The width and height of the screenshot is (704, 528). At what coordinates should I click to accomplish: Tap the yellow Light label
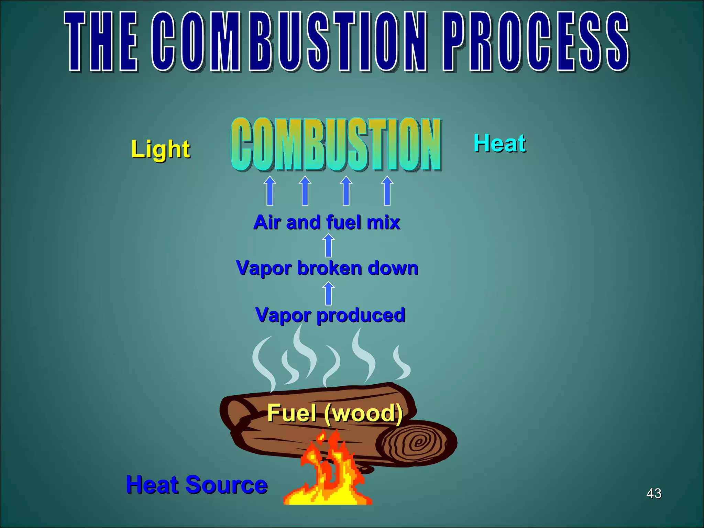click(x=161, y=149)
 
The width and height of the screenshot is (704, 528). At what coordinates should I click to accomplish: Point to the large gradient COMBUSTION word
click(x=336, y=144)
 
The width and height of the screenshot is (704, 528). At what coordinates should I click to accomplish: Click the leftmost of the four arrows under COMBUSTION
click(x=270, y=191)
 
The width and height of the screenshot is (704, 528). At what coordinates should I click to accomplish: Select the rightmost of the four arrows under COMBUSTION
click(x=387, y=191)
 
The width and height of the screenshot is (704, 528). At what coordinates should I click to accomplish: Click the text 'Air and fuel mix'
click(x=327, y=222)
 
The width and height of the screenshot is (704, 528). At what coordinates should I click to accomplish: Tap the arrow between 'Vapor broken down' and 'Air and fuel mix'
click(x=329, y=245)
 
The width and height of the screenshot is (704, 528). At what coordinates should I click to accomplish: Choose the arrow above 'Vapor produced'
click(x=329, y=293)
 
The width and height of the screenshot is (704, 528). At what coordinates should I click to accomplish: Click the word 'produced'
click(x=361, y=315)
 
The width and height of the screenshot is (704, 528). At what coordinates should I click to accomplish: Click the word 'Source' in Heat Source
click(x=227, y=485)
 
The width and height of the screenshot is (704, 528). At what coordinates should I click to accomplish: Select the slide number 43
click(x=654, y=493)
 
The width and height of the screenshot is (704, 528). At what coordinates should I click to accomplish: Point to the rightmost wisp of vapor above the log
click(x=401, y=363)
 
